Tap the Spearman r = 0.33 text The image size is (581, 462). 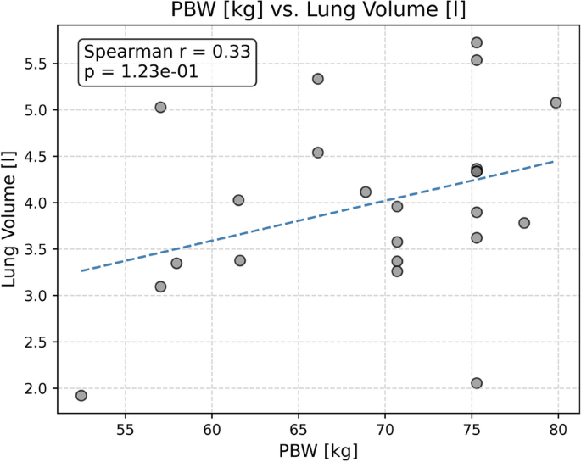tap(167, 52)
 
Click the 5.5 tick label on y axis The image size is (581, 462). tap(37, 64)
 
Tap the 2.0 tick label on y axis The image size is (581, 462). tap(37, 388)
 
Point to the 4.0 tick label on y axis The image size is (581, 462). tap(37, 203)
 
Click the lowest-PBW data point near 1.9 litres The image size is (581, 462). tap(81, 395)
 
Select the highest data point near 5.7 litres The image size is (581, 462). tap(477, 42)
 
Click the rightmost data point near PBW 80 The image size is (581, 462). tap(556, 103)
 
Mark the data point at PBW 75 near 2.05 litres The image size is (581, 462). tap(477, 383)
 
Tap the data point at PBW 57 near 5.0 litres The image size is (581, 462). tap(160, 107)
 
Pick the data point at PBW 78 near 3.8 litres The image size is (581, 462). tap(524, 223)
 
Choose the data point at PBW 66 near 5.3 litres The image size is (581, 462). tap(318, 79)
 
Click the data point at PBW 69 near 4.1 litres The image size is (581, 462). tap(366, 192)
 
